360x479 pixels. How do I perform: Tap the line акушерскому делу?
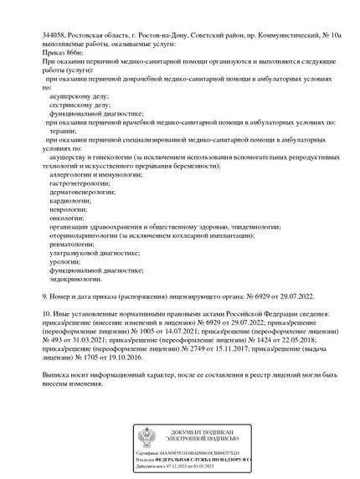79,96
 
